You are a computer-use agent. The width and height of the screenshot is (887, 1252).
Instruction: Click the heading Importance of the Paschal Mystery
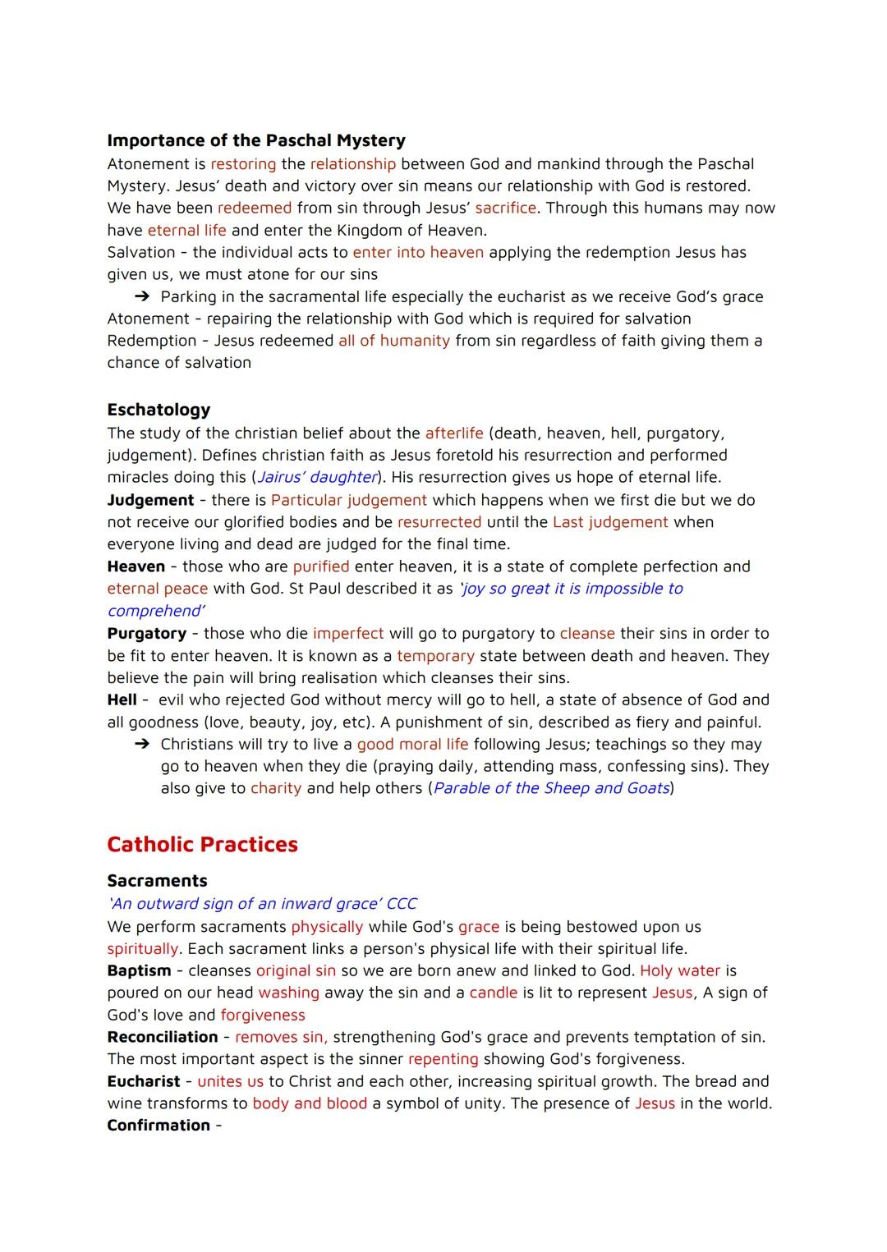pyautogui.click(x=256, y=140)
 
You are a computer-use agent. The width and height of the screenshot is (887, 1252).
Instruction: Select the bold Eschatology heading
pyautogui.click(x=159, y=410)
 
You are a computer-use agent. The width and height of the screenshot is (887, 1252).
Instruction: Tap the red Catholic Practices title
pyautogui.click(x=202, y=845)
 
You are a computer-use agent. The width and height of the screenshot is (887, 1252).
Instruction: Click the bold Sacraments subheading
pyautogui.click(x=157, y=881)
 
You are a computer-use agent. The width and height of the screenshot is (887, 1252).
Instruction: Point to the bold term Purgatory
pyautogui.click(x=146, y=634)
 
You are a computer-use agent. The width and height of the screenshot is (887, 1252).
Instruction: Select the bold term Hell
pyautogui.click(x=122, y=700)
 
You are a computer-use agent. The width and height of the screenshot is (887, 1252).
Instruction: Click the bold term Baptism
pyautogui.click(x=138, y=970)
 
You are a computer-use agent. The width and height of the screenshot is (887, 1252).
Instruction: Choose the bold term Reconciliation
pyautogui.click(x=163, y=1037)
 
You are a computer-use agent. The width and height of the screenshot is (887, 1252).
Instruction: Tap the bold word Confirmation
pyautogui.click(x=159, y=1126)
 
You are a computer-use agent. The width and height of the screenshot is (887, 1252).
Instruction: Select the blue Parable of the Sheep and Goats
pyautogui.click(x=551, y=789)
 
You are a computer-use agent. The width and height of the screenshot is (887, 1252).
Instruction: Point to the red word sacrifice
pyautogui.click(x=505, y=209)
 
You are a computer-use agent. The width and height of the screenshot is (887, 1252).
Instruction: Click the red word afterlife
pyautogui.click(x=454, y=433)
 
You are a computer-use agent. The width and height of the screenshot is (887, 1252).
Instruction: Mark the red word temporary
pyautogui.click(x=435, y=656)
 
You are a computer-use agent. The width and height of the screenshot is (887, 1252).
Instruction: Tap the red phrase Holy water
pyautogui.click(x=679, y=970)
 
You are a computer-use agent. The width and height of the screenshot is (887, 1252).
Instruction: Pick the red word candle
pyautogui.click(x=493, y=993)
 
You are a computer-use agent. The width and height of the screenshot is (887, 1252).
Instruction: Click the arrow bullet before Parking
pyautogui.click(x=142, y=297)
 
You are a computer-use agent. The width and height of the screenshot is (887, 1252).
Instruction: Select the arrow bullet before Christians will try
pyautogui.click(x=142, y=745)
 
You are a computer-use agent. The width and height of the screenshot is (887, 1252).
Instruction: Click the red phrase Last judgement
pyautogui.click(x=610, y=522)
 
